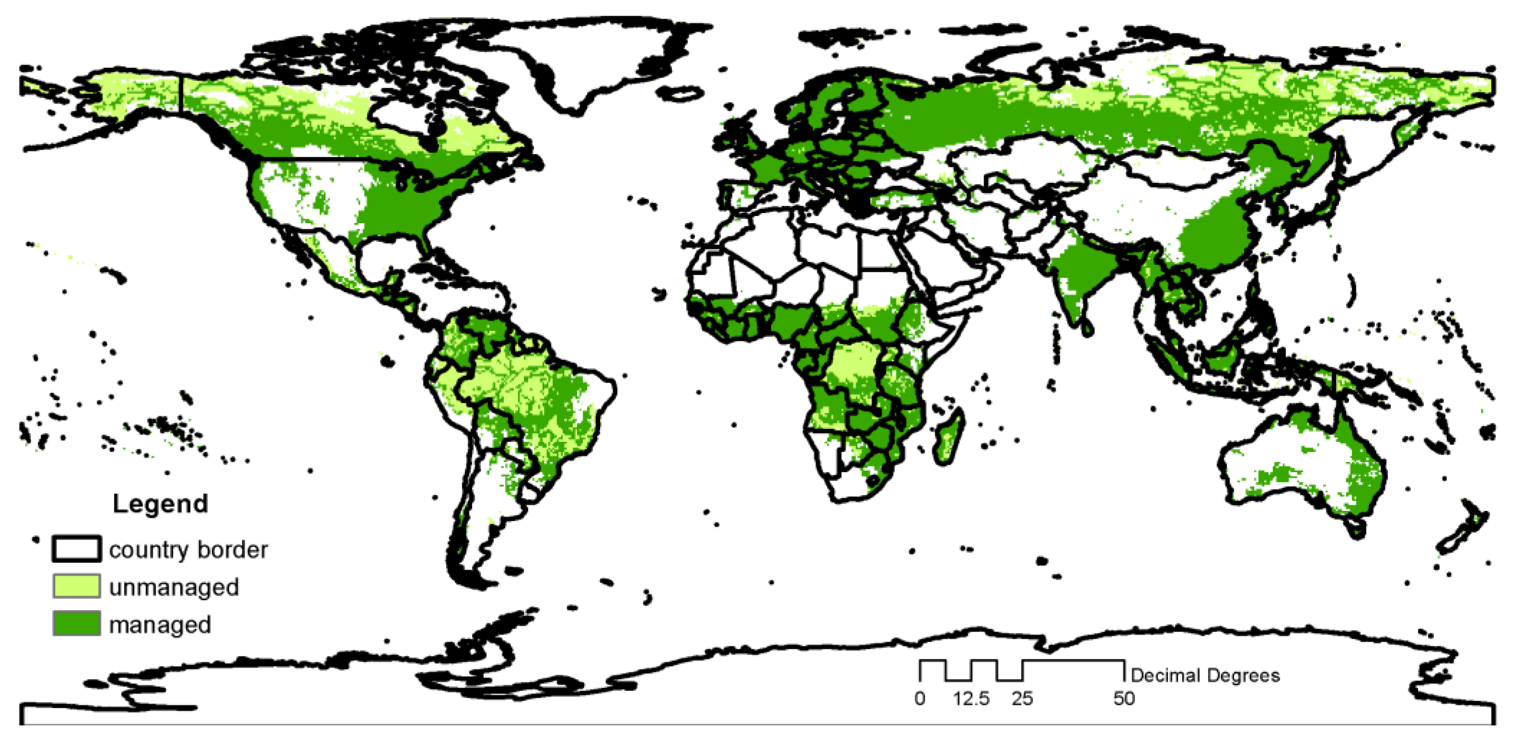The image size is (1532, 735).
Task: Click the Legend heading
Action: tap(160, 504)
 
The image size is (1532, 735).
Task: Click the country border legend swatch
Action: tap(76, 549)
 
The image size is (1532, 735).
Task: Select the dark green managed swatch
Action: tap(76, 624)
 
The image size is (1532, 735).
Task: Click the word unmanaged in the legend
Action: tap(174, 588)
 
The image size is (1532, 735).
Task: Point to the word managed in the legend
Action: tap(160, 625)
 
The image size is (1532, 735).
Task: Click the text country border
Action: tap(188, 550)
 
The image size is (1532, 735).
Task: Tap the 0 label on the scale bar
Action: tap(919, 698)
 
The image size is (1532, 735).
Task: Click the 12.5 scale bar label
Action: tap(971, 698)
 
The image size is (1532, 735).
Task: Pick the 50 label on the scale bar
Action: tap(1124, 698)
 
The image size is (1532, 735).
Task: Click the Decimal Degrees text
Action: tap(1205, 676)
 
